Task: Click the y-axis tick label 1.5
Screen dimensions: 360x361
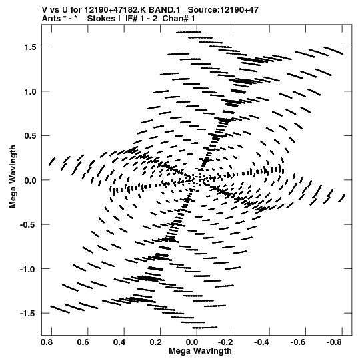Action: [31, 47]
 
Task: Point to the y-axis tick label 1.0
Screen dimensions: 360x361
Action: [31, 91]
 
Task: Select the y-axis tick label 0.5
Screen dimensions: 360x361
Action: [31, 136]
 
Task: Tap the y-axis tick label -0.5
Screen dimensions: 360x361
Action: [29, 224]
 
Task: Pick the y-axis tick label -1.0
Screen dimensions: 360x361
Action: [29, 269]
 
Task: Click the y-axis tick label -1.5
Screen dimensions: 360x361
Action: [29, 313]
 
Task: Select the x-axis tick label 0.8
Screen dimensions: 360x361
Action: [47, 342]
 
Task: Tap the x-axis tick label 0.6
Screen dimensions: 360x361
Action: [83, 342]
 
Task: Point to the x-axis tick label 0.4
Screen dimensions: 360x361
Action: [119, 342]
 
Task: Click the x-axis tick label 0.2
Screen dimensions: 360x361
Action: [156, 342]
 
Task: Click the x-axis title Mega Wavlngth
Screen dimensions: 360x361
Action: [200, 351]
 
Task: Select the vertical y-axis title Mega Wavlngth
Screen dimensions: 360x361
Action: [13, 176]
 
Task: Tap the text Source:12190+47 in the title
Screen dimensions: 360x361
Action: [223, 10]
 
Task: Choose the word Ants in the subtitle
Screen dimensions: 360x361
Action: [51, 19]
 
